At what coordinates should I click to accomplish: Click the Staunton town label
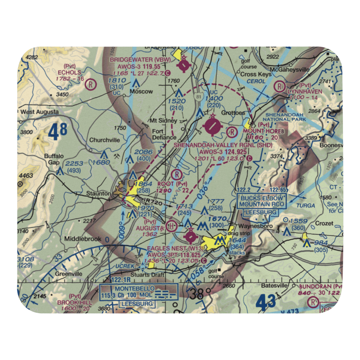pos(98,194)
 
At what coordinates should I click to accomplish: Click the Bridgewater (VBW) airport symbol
pos(185,65)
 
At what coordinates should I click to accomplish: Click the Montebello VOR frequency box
pos(138,292)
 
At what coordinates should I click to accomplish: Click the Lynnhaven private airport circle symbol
pos(279,86)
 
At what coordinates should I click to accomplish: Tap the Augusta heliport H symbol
pos(172,226)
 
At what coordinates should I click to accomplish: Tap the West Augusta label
pos(40,112)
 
